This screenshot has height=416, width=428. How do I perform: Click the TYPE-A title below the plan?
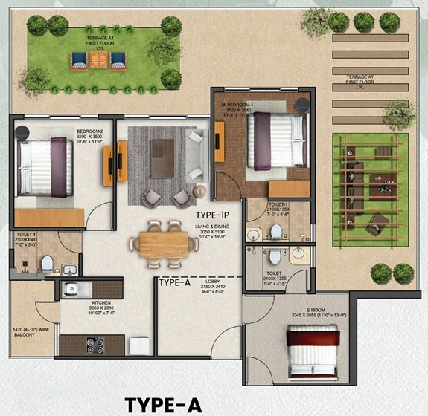coord(163,404)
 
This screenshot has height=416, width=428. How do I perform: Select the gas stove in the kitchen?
coord(96,345)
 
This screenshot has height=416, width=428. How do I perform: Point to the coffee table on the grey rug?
coord(162,157)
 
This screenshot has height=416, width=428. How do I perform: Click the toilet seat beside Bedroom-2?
coord(46,262)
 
